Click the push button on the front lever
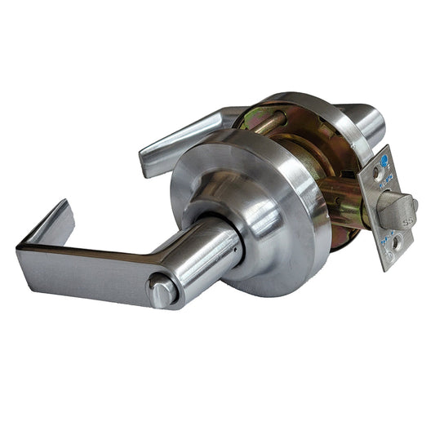162,290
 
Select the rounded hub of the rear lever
371,122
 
